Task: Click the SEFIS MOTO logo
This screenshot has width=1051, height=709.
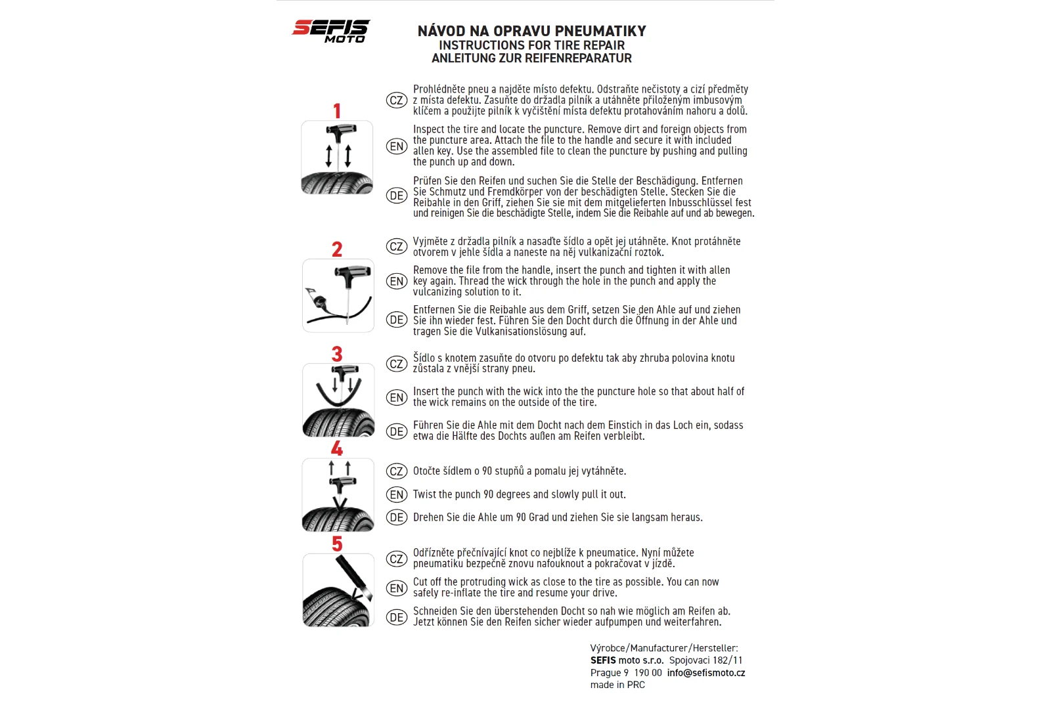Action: (x=330, y=31)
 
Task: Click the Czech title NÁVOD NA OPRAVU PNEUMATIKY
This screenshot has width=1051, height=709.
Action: (x=531, y=31)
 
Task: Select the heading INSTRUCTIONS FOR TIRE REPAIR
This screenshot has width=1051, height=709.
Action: (x=531, y=45)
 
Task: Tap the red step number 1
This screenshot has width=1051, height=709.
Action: (x=337, y=111)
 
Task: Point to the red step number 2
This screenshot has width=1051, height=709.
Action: (x=337, y=249)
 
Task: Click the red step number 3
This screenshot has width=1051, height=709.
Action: (x=337, y=354)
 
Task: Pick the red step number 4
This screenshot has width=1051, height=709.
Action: (x=337, y=449)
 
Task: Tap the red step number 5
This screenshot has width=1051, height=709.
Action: (x=337, y=544)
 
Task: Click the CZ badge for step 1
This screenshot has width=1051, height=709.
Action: (x=396, y=100)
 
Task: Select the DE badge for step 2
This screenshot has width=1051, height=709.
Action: (x=396, y=320)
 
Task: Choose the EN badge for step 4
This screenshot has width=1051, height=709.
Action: (x=396, y=494)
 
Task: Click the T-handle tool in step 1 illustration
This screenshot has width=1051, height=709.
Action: (x=341, y=131)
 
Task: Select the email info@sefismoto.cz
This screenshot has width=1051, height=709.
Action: (x=705, y=672)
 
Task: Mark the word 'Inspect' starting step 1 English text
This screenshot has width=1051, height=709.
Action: (x=428, y=129)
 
